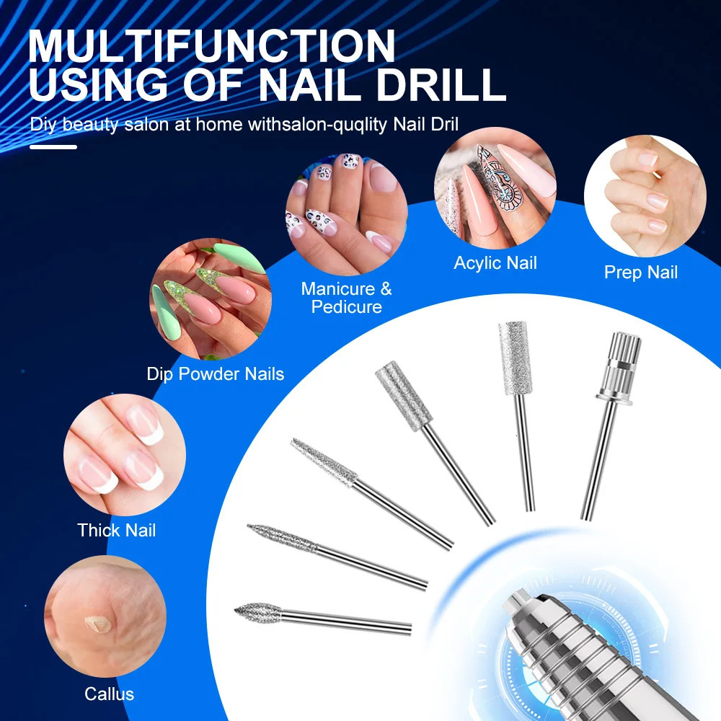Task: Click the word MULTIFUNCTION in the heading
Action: click(x=212, y=45)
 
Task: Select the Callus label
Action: click(x=109, y=694)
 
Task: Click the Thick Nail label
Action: click(x=116, y=531)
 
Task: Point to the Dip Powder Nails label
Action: click(x=215, y=374)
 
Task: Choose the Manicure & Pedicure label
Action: click(x=347, y=298)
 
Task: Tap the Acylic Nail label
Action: click(x=495, y=263)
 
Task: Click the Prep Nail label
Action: click(x=641, y=273)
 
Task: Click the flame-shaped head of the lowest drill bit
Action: click(x=258, y=612)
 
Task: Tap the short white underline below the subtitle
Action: click(x=53, y=147)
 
